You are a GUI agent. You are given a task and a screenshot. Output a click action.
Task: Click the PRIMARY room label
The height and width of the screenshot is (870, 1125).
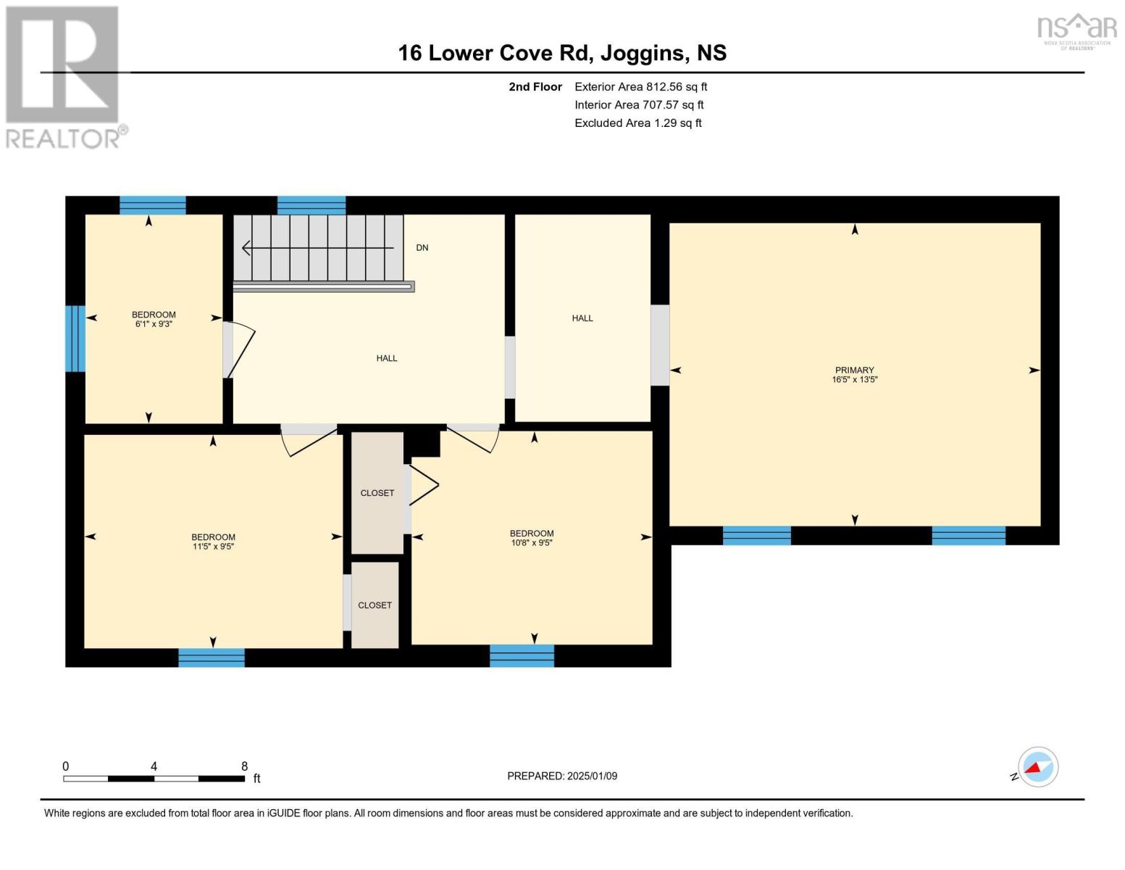(x=854, y=370)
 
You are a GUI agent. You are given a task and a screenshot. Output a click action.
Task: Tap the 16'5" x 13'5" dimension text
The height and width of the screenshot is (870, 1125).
(x=854, y=379)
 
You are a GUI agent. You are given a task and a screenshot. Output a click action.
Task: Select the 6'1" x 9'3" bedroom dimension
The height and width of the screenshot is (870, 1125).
(x=154, y=324)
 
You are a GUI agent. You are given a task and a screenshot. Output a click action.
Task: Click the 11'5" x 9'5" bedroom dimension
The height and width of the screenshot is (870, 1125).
(x=213, y=547)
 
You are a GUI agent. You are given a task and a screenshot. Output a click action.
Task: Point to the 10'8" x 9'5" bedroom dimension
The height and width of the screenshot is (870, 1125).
(x=531, y=542)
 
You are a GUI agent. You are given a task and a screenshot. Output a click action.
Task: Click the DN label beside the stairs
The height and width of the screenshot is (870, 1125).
(x=422, y=248)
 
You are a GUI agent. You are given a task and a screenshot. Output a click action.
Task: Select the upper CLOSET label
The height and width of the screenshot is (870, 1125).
(x=377, y=493)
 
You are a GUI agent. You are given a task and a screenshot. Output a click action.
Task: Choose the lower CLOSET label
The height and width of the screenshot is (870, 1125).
(x=375, y=605)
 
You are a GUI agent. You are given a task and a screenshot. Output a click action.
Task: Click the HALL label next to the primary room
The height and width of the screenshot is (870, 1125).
(x=582, y=318)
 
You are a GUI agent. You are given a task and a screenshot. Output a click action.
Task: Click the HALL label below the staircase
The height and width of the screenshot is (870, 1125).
(x=387, y=358)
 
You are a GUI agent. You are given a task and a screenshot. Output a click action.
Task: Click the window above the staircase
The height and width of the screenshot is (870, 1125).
(x=311, y=205)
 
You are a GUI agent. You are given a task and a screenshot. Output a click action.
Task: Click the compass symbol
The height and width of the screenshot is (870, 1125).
(x=1037, y=767)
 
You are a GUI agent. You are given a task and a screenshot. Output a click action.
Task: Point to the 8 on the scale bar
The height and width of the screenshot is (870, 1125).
(x=245, y=766)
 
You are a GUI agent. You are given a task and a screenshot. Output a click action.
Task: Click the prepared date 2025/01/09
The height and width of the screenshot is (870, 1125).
(x=592, y=776)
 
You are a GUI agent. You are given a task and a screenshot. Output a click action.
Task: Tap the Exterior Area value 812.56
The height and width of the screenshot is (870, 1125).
(x=664, y=87)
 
